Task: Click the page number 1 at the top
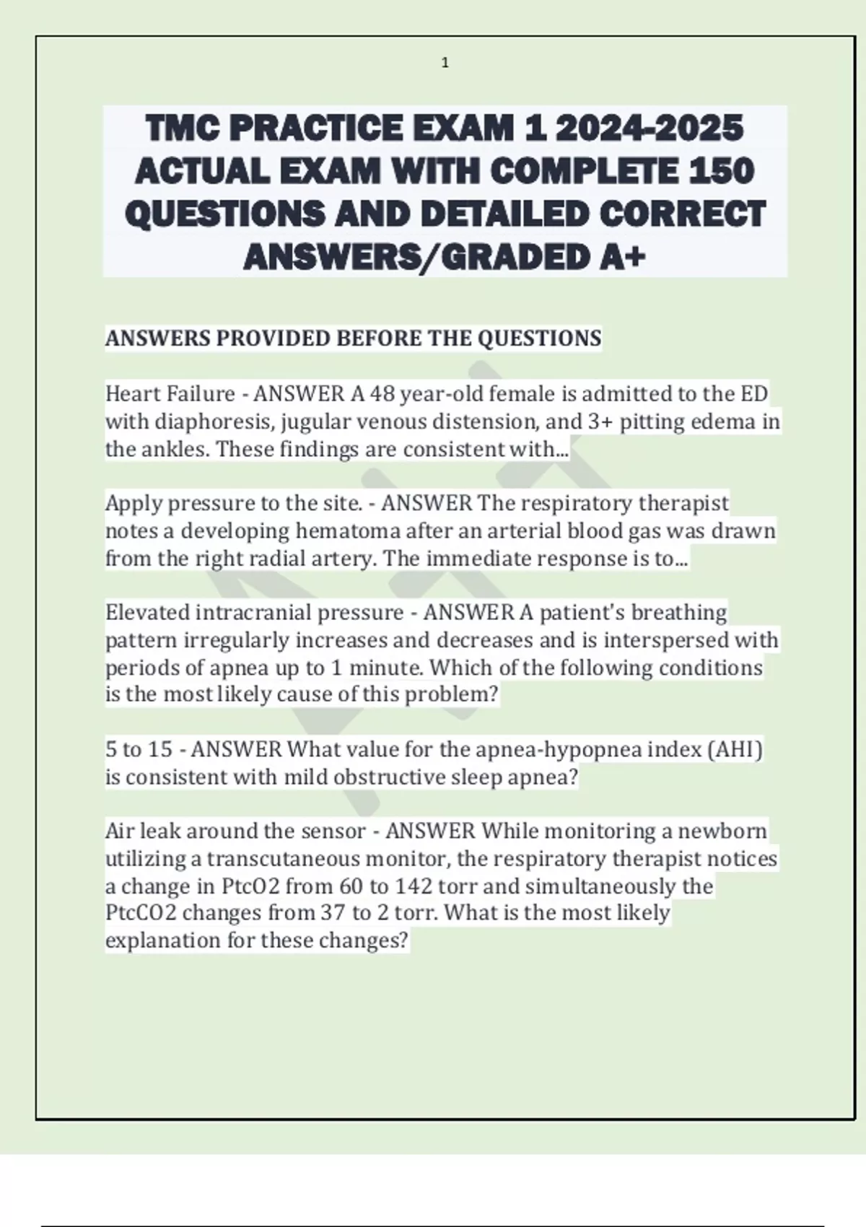[445, 64]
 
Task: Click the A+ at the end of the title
[623, 257]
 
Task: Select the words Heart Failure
[170, 394]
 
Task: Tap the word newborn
[730, 831]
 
